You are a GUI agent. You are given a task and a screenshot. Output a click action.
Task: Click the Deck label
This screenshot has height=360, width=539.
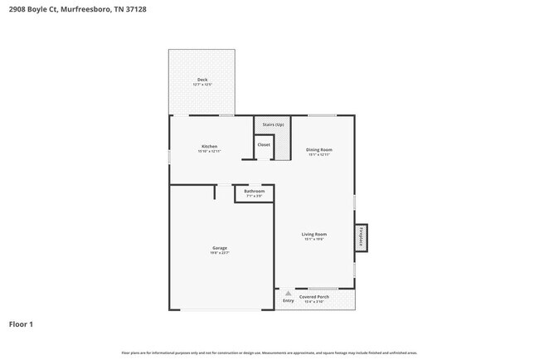point(202,80)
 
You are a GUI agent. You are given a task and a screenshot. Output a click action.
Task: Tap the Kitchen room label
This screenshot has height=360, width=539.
point(209,146)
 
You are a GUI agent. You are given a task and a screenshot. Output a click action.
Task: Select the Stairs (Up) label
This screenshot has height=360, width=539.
point(274,124)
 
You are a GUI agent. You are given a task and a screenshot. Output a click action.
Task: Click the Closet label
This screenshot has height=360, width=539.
point(263,144)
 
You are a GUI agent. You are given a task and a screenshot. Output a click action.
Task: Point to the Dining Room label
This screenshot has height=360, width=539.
point(319,149)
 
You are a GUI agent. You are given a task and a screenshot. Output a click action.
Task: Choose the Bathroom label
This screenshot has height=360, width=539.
point(254,191)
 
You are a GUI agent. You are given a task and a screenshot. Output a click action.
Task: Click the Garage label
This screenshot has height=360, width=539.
point(220,247)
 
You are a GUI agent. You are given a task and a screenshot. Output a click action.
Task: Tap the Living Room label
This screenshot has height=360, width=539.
point(313,234)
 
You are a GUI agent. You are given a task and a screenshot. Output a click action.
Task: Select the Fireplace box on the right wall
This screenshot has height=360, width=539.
point(361,238)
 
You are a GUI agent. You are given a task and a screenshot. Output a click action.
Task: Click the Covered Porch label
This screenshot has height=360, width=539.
point(314,296)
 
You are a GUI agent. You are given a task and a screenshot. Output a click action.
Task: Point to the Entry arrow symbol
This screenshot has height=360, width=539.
point(288,293)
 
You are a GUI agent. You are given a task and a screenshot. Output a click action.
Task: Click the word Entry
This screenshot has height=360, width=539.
point(288,300)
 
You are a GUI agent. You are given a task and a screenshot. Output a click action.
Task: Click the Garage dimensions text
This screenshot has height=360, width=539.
point(220,253)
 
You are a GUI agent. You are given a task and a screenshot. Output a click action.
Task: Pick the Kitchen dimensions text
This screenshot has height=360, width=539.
point(208,152)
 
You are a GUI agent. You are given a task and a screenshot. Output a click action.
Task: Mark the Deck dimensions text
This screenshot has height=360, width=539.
point(202,85)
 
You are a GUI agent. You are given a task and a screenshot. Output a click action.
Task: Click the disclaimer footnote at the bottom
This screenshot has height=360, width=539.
point(269,353)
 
